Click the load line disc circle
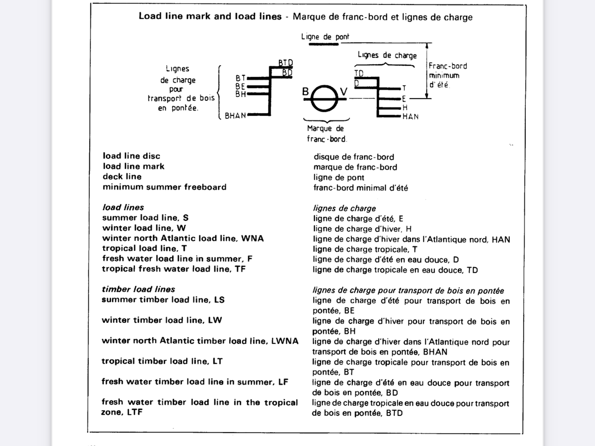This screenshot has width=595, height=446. point(326,99)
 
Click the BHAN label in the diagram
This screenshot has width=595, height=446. point(235,116)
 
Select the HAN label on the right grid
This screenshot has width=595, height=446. point(410,117)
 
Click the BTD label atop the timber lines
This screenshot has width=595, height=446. point(286,62)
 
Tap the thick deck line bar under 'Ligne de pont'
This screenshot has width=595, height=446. point(323,43)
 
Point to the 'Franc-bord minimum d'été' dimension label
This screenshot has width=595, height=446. point(448,75)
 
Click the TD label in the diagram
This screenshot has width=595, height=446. point(359,74)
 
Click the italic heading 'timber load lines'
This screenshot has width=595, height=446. point(138,289)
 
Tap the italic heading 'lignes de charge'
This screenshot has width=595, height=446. point(344,208)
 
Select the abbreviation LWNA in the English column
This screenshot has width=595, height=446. point(284,341)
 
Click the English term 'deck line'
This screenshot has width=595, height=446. point(122,177)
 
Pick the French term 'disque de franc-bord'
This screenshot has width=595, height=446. point(354,157)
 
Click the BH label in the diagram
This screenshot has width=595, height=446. point(240,94)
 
